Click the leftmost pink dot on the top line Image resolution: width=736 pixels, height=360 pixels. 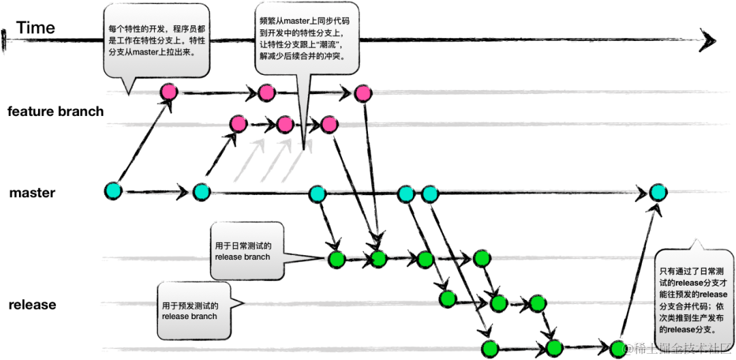pos(168,91)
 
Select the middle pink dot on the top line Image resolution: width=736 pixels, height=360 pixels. pos(266,92)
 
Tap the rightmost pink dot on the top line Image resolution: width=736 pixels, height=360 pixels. pos(363,93)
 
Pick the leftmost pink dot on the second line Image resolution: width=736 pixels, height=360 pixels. pos(238,123)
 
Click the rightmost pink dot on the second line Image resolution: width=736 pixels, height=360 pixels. pos(330,124)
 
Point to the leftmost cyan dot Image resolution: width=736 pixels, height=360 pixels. pos(113,191)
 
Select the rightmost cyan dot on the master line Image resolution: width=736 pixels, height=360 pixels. pos(658,192)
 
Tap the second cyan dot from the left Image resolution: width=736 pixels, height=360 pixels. pos(201,192)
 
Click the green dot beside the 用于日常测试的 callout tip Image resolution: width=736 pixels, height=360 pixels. pos(337,259)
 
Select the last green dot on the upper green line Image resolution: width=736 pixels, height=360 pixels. pos(482,258)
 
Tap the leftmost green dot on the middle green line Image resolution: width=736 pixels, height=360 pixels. pos(448,299)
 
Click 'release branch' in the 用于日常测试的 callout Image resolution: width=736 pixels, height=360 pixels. pos(243,257)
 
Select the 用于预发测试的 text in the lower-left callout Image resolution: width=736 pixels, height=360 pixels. pos(190,305)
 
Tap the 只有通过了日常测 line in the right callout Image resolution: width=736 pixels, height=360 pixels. pos(693,271)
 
